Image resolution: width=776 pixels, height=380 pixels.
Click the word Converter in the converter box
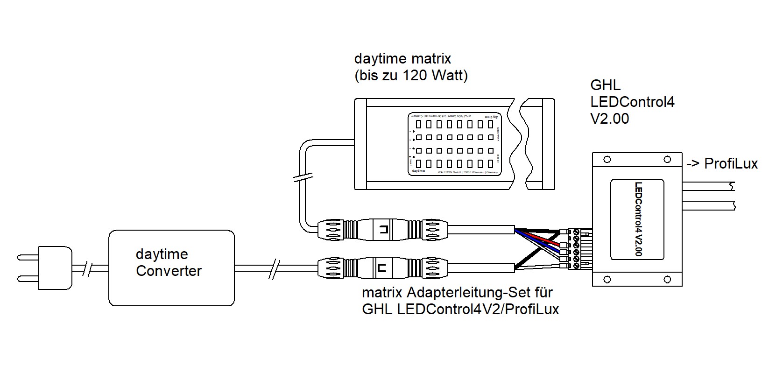[x=169, y=271]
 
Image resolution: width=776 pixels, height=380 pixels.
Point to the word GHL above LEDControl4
[x=606, y=85]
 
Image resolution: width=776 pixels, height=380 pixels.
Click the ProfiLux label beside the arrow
[x=731, y=164]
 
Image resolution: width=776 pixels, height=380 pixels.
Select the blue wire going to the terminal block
[x=542, y=246]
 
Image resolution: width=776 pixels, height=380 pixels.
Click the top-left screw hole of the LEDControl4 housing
[x=607, y=160]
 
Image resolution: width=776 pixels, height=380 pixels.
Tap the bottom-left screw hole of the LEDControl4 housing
[x=607, y=280]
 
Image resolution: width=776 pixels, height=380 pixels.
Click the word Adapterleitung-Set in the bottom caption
[x=480, y=293]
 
